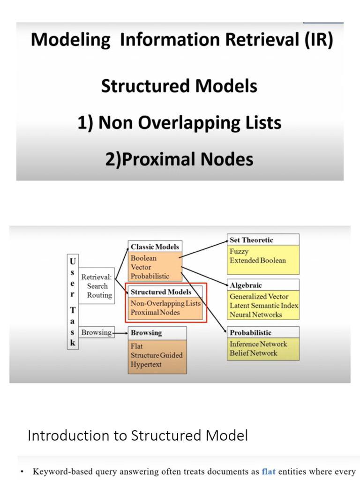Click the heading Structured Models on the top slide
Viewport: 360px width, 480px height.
(x=179, y=86)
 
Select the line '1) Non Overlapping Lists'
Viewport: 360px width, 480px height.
(x=179, y=123)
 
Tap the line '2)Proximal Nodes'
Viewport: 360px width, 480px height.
(x=179, y=159)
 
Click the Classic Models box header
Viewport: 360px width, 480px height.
(x=155, y=247)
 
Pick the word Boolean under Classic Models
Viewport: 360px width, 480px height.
(x=143, y=258)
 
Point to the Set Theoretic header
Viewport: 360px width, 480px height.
(x=251, y=240)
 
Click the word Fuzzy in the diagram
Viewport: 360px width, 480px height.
(x=239, y=251)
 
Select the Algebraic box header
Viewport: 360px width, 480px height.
(x=246, y=285)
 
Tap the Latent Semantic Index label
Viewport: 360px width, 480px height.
(x=263, y=306)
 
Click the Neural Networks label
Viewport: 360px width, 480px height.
(x=255, y=315)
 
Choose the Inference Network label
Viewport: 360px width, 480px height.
(x=258, y=344)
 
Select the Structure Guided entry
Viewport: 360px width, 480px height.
(x=157, y=355)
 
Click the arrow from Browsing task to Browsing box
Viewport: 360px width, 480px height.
(x=121, y=333)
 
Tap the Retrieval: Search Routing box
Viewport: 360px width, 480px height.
(x=97, y=286)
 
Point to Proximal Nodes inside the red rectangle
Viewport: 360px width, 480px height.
(x=155, y=312)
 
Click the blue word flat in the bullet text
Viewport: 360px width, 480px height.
(x=269, y=472)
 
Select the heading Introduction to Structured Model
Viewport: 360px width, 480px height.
(x=138, y=435)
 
